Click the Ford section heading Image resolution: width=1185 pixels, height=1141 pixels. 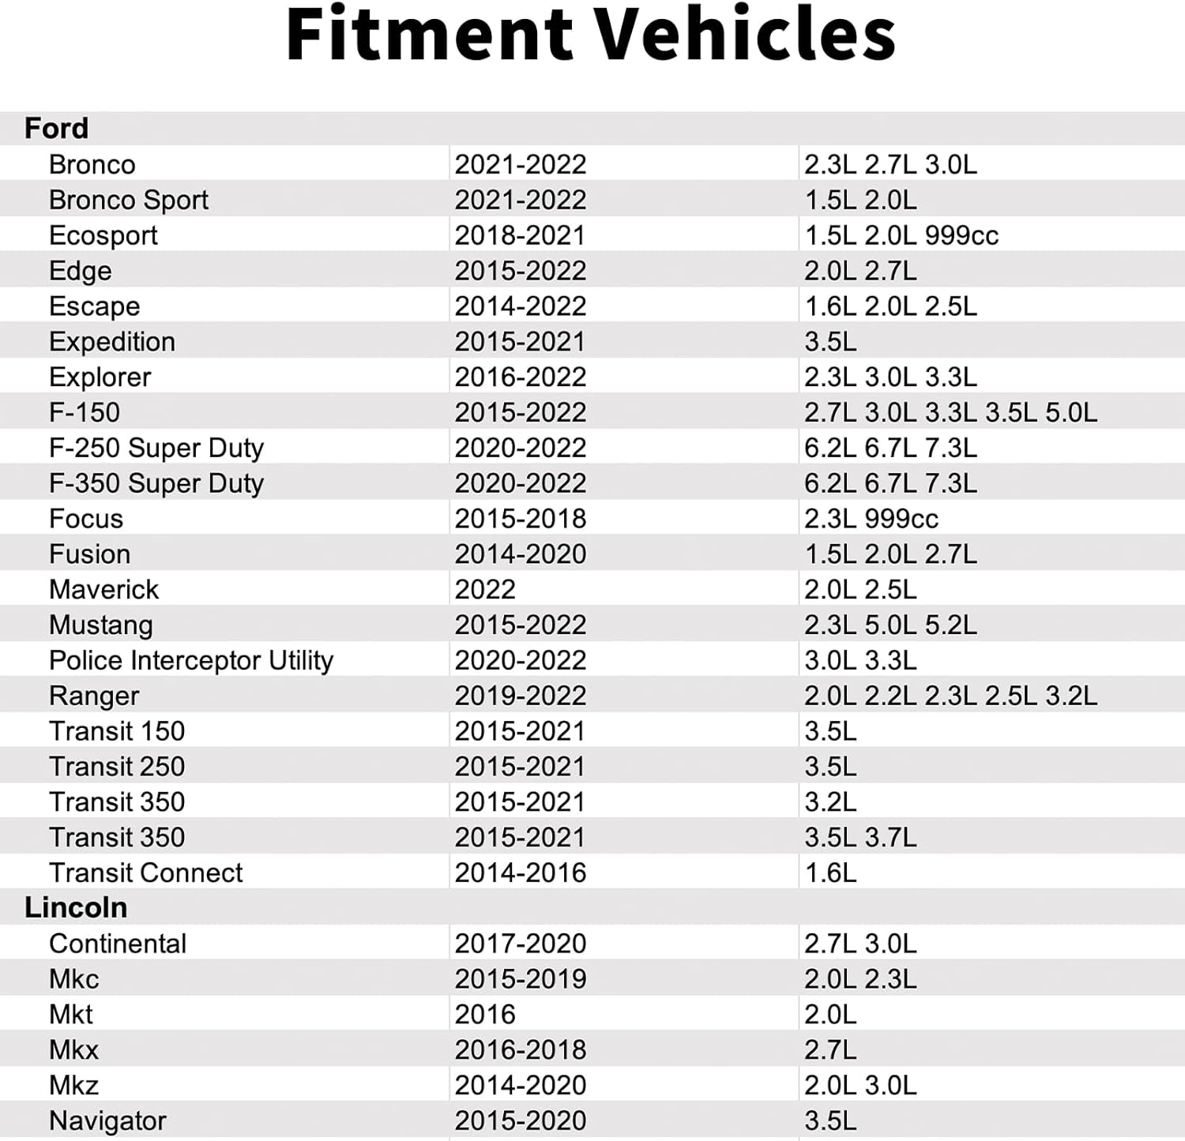pyautogui.click(x=56, y=128)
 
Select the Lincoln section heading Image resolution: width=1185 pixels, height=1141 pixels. pyautogui.click(x=76, y=907)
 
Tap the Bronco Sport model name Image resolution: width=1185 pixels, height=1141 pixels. pyautogui.click(x=129, y=201)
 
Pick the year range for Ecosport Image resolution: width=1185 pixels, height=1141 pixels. pyautogui.click(x=520, y=235)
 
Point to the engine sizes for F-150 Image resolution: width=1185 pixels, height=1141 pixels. pyautogui.click(x=950, y=412)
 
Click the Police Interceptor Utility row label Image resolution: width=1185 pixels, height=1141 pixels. pyautogui.click(x=191, y=661)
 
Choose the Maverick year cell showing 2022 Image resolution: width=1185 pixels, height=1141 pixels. pyautogui.click(x=485, y=589)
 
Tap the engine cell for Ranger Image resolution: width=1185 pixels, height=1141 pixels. pyautogui.click(x=950, y=696)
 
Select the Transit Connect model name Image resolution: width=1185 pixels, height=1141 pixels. pyautogui.click(x=146, y=873)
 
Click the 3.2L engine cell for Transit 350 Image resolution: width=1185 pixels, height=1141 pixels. pyautogui.click(x=830, y=801)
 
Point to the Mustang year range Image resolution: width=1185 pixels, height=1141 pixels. pyautogui.click(x=520, y=625)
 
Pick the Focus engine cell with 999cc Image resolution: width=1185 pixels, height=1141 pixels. pyautogui.click(x=871, y=519)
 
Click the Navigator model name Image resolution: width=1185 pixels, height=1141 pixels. pyautogui.click(x=107, y=1121)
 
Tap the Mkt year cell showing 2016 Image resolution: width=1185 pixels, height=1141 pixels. pyautogui.click(x=485, y=1014)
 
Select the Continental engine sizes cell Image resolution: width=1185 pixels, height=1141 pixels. pyautogui.click(x=860, y=944)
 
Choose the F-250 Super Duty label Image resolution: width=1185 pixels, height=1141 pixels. pyautogui.click(x=156, y=449)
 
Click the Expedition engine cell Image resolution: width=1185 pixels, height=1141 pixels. pyautogui.click(x=830, y=341)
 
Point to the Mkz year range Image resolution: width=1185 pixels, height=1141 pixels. pyautogui.click(x=520, y=1085)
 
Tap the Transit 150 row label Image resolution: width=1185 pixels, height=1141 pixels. pyautogui.click(x=117, y=731)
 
